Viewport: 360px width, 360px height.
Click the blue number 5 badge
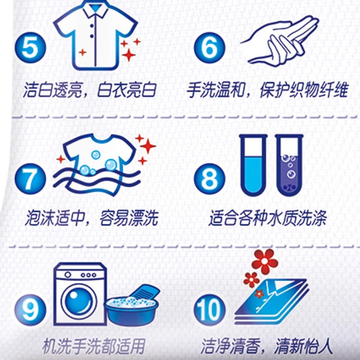click(x=30, y=48)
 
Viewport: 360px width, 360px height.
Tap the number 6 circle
click(x=209, y=48)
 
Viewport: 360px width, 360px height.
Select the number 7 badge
click(x=30, y=179)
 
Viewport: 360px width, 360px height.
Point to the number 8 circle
click(x=209, y=179)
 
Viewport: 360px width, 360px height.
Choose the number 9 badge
click(x=30, y=310)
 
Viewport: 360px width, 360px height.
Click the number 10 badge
click(x=209, y=310)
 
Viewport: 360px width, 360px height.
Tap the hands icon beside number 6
click(x=280, y=41)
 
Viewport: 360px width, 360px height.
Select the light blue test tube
click(x=254, y=165)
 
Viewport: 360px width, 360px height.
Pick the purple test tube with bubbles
click(x=289, y=165)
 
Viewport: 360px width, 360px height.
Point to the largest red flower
click(x=265, y=261)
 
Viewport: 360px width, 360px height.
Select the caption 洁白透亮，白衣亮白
click(x=90, y=90)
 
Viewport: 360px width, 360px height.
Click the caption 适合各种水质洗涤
click(x=268, y=218)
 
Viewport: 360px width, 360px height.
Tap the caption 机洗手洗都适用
click(x=94, y=346)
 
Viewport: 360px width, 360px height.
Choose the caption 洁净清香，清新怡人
click(x=267, y=346)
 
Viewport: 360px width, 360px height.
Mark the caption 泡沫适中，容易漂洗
click(x=92, y=218)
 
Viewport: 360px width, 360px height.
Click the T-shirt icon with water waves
click(x=97, y=165)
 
